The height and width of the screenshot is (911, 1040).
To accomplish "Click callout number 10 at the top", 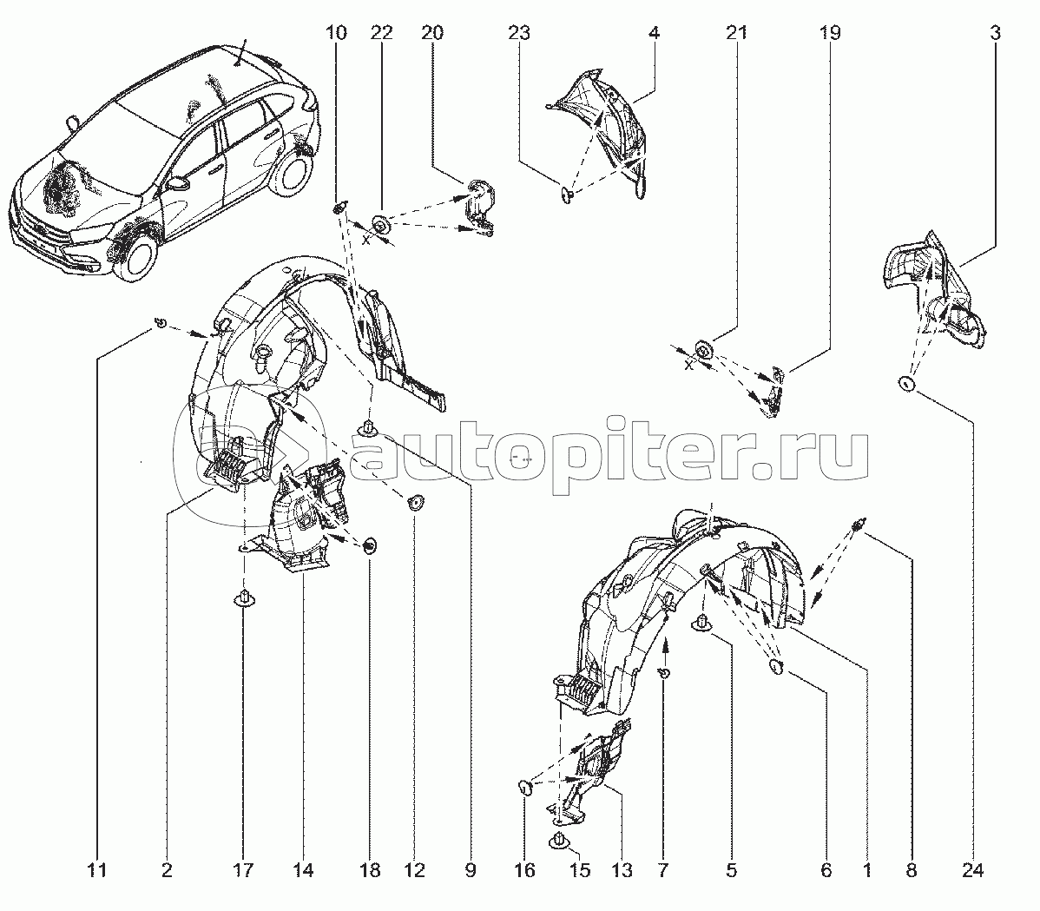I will click(336, 34).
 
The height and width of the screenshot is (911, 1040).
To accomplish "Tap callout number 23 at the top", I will click(519, 34).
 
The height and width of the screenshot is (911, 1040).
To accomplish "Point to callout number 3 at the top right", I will click(995, 34).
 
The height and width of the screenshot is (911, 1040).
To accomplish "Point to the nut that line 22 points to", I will click(380, 226).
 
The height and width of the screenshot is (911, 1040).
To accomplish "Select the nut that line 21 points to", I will click(703, 350).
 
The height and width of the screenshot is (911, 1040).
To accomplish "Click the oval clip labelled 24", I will click(907, 385).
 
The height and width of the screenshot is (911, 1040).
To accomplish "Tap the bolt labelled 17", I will click(244, 598).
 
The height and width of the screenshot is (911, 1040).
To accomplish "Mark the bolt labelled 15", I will click(558, 841).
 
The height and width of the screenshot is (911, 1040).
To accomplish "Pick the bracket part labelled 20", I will click(478, 205).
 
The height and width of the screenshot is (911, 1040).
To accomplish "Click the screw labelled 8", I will click(859, 525).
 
